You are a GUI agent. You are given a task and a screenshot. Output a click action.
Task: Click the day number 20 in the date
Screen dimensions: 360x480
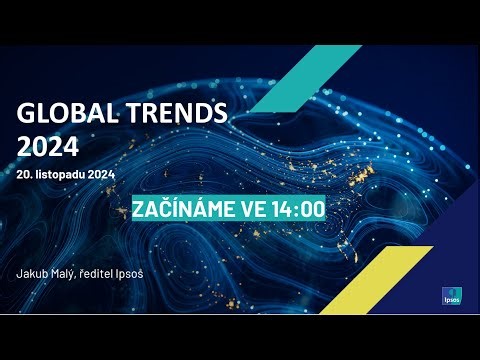pos(24,174)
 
